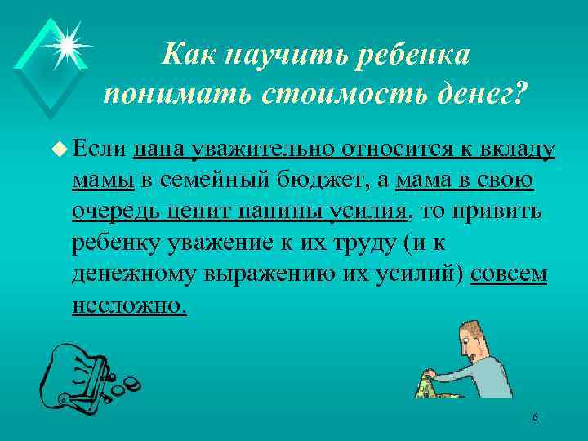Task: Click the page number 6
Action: (x=534, y=418)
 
